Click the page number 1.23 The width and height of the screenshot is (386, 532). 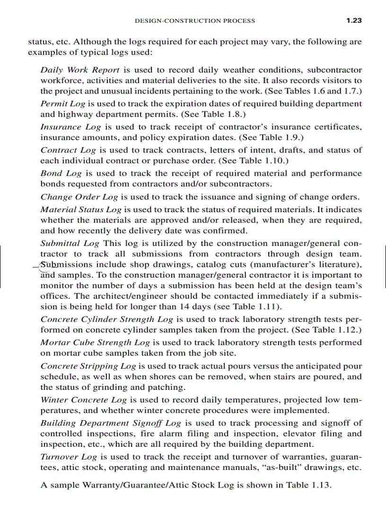pos(354,20)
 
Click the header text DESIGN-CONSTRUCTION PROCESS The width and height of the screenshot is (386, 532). pos(195,21)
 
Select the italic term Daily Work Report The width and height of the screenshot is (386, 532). pos(80,70)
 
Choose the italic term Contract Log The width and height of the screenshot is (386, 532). pos(68,150)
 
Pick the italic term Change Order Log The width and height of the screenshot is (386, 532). pos(79,197)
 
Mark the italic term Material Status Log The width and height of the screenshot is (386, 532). pos(81,209)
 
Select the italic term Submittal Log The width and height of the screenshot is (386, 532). pos(70,243)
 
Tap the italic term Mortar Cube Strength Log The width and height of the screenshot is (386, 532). pos(95,342)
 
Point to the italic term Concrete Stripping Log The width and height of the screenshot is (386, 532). pos(88,366)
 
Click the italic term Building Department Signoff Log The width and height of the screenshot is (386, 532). pos(111,423)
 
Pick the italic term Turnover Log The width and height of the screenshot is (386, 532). pos(69,457)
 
